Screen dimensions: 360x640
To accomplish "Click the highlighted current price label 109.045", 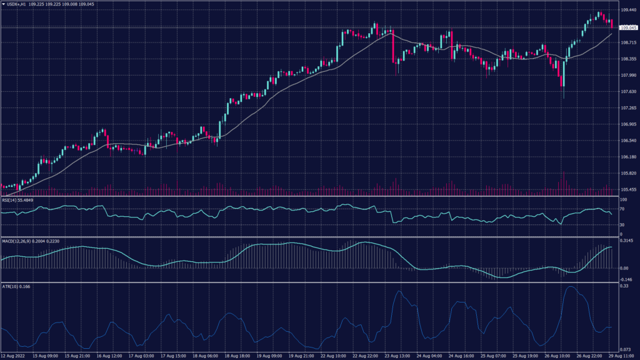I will [627, 28].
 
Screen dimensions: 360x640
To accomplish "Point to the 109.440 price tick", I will [628, 11].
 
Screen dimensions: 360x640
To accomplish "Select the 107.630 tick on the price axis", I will [628, 92].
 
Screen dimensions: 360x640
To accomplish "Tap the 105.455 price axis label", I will [628, 189].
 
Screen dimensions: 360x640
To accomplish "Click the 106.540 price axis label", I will [628, 141].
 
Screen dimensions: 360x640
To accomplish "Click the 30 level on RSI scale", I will [622, 224].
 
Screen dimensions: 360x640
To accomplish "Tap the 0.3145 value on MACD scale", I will [626, 241].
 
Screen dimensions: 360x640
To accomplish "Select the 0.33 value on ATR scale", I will [623, 286].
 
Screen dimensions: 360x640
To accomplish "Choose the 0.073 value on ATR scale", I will [624, 349].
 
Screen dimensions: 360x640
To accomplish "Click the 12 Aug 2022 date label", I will [14, 356].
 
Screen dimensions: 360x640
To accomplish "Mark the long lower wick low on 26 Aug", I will [563, 97].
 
